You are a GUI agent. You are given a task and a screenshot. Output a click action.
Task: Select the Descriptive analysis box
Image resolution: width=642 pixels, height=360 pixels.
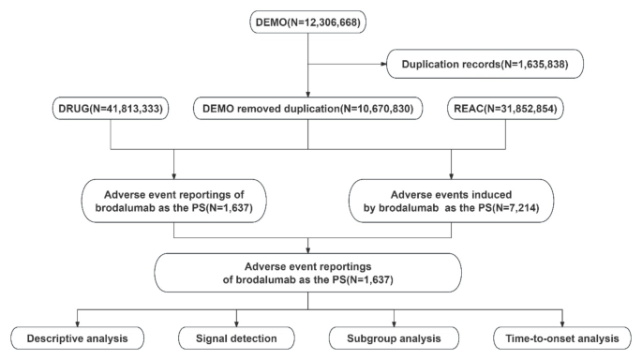[x=79, y=337]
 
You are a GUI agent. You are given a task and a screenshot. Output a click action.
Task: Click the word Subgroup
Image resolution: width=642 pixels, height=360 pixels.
[x=370, y=337]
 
